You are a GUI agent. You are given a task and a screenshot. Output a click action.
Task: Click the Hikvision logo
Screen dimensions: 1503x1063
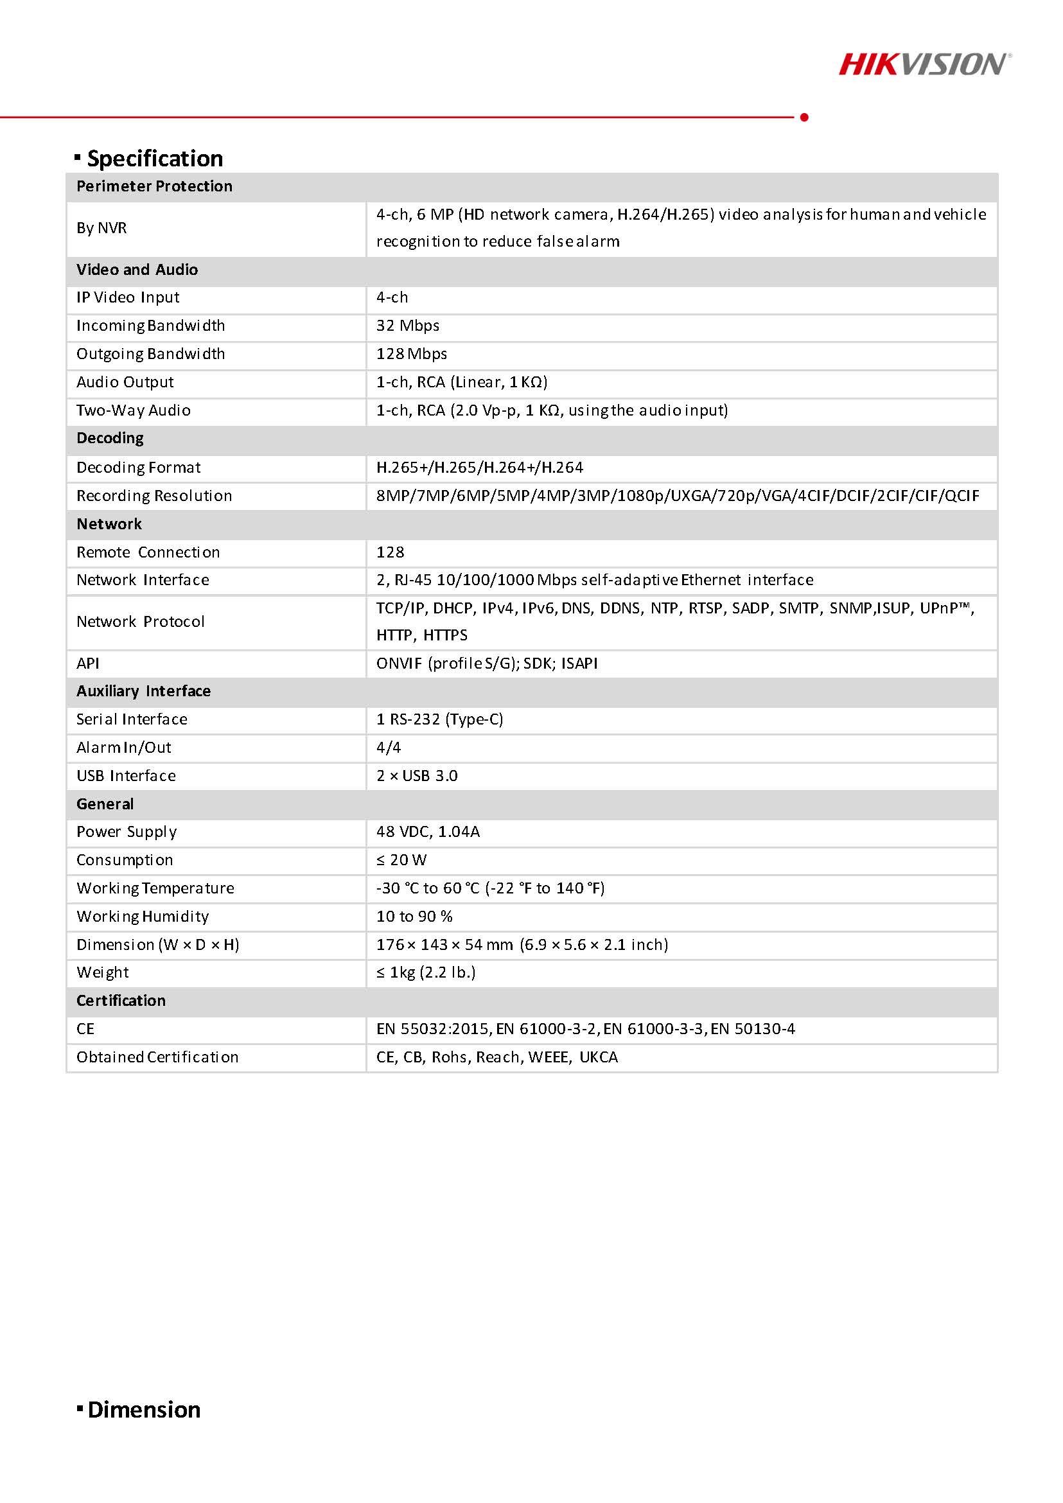[x=924, y=65]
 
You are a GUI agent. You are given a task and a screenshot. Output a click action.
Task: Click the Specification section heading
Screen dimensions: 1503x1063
[x=155, y=159]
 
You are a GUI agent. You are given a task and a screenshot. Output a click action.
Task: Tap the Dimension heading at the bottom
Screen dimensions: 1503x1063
[x=143, y=1409]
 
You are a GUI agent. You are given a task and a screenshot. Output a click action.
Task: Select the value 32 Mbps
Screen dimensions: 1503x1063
[x=407, y=326]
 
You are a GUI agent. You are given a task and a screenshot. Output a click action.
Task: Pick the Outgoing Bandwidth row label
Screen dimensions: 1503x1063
[x=150, y=354]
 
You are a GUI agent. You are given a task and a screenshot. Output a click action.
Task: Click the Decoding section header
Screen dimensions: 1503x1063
[x=110, y=438]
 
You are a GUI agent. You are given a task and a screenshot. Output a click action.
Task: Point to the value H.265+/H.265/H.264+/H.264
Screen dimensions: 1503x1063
[x=479, y=468]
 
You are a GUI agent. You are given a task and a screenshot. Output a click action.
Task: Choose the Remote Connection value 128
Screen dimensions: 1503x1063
[x=390, y=552]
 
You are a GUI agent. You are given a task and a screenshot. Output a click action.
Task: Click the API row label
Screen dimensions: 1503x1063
[x=88, y=663]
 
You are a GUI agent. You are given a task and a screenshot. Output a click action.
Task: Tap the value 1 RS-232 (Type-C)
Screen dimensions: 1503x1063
[x=439, y=719]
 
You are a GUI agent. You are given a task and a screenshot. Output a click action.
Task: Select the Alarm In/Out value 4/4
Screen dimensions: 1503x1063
[x=388, y=748]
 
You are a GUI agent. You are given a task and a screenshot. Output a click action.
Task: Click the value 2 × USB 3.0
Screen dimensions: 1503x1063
[x=416, y=776]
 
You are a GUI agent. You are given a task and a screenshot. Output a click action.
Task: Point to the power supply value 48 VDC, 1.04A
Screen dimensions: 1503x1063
[x=427, y=831]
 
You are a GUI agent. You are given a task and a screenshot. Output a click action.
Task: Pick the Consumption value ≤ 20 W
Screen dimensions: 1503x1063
[x=401, y=860]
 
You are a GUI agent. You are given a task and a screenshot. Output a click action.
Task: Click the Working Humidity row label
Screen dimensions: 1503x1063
[x=143, y=917]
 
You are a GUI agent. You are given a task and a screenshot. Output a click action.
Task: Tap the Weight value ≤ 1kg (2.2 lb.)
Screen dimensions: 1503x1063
[x=425, y=972]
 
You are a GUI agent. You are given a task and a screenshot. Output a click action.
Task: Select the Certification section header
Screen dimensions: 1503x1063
[x=121, y=1000]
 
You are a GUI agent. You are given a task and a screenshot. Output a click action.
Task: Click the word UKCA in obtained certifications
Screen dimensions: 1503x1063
[x=598, y=1057]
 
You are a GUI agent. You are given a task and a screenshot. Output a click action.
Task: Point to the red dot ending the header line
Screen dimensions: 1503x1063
[x=804, y=117]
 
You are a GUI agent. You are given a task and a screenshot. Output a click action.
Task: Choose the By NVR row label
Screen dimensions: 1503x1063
[x=101, y=228]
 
